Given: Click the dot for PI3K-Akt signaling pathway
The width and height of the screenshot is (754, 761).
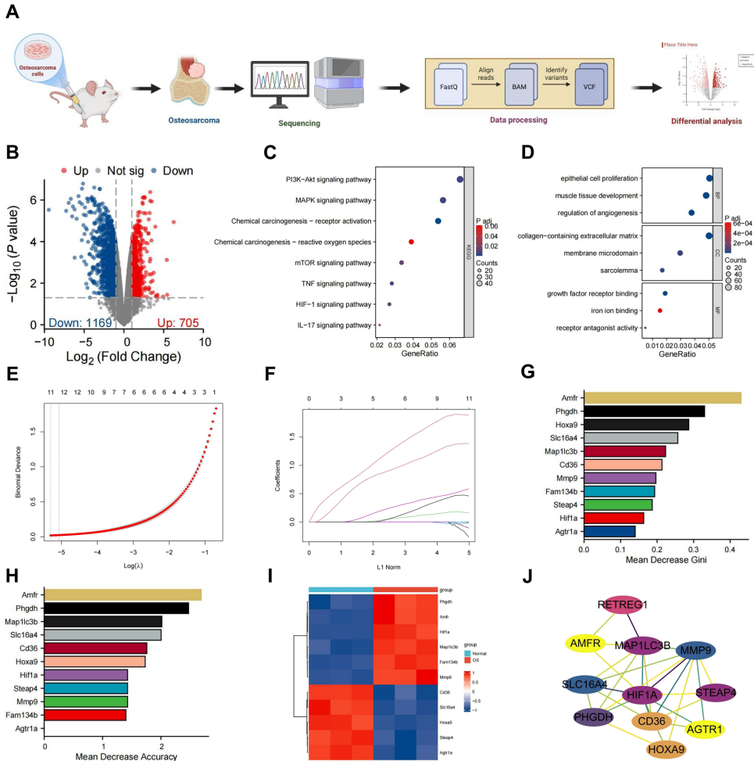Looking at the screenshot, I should (459, 180).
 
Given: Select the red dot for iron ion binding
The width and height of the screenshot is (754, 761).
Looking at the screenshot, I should (660, 311).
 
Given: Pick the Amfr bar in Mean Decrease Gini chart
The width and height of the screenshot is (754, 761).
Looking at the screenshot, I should (661, 398).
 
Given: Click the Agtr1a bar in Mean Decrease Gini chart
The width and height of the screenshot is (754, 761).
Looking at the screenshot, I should (609, 531).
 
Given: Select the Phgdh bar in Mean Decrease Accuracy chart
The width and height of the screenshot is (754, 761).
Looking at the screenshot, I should (116, 608).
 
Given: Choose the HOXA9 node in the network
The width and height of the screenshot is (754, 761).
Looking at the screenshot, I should (666, 750).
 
